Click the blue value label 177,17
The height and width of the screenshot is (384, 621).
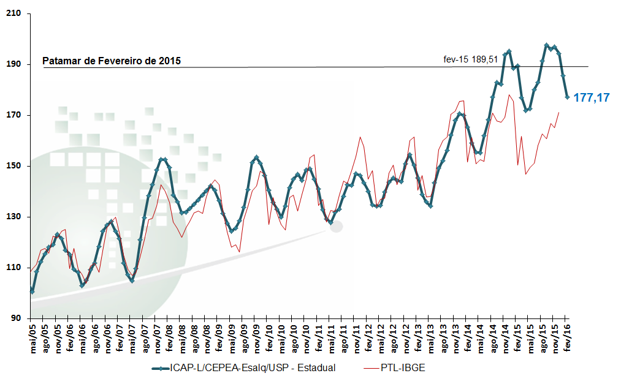591,97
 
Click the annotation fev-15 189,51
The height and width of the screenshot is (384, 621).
470,59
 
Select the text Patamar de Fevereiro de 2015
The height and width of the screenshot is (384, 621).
112,61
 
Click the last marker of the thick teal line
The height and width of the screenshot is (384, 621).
567,97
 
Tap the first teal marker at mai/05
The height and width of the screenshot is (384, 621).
32,292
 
